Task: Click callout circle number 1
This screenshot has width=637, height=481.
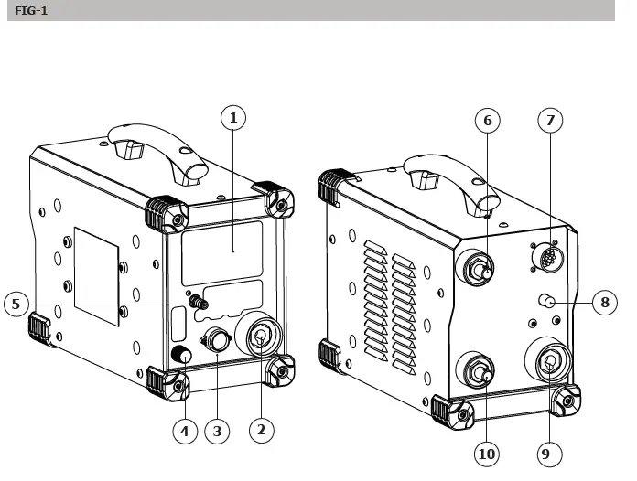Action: coord(234,118)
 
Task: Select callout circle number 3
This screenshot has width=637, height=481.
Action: coord(216,430)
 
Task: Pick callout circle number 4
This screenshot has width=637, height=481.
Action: coord(186,430)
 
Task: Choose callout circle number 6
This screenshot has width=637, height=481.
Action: coord(487,120)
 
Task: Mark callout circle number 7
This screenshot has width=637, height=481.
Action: coord(549,120)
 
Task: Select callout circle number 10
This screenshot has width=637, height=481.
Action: coord(487,453)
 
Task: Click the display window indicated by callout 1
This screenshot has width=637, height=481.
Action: coord(222,257)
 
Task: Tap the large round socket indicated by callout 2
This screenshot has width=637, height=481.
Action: coord(260,337)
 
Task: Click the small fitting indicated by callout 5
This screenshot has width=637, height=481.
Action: coord(195,300)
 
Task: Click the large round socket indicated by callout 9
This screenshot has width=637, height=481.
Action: coord(549,363)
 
